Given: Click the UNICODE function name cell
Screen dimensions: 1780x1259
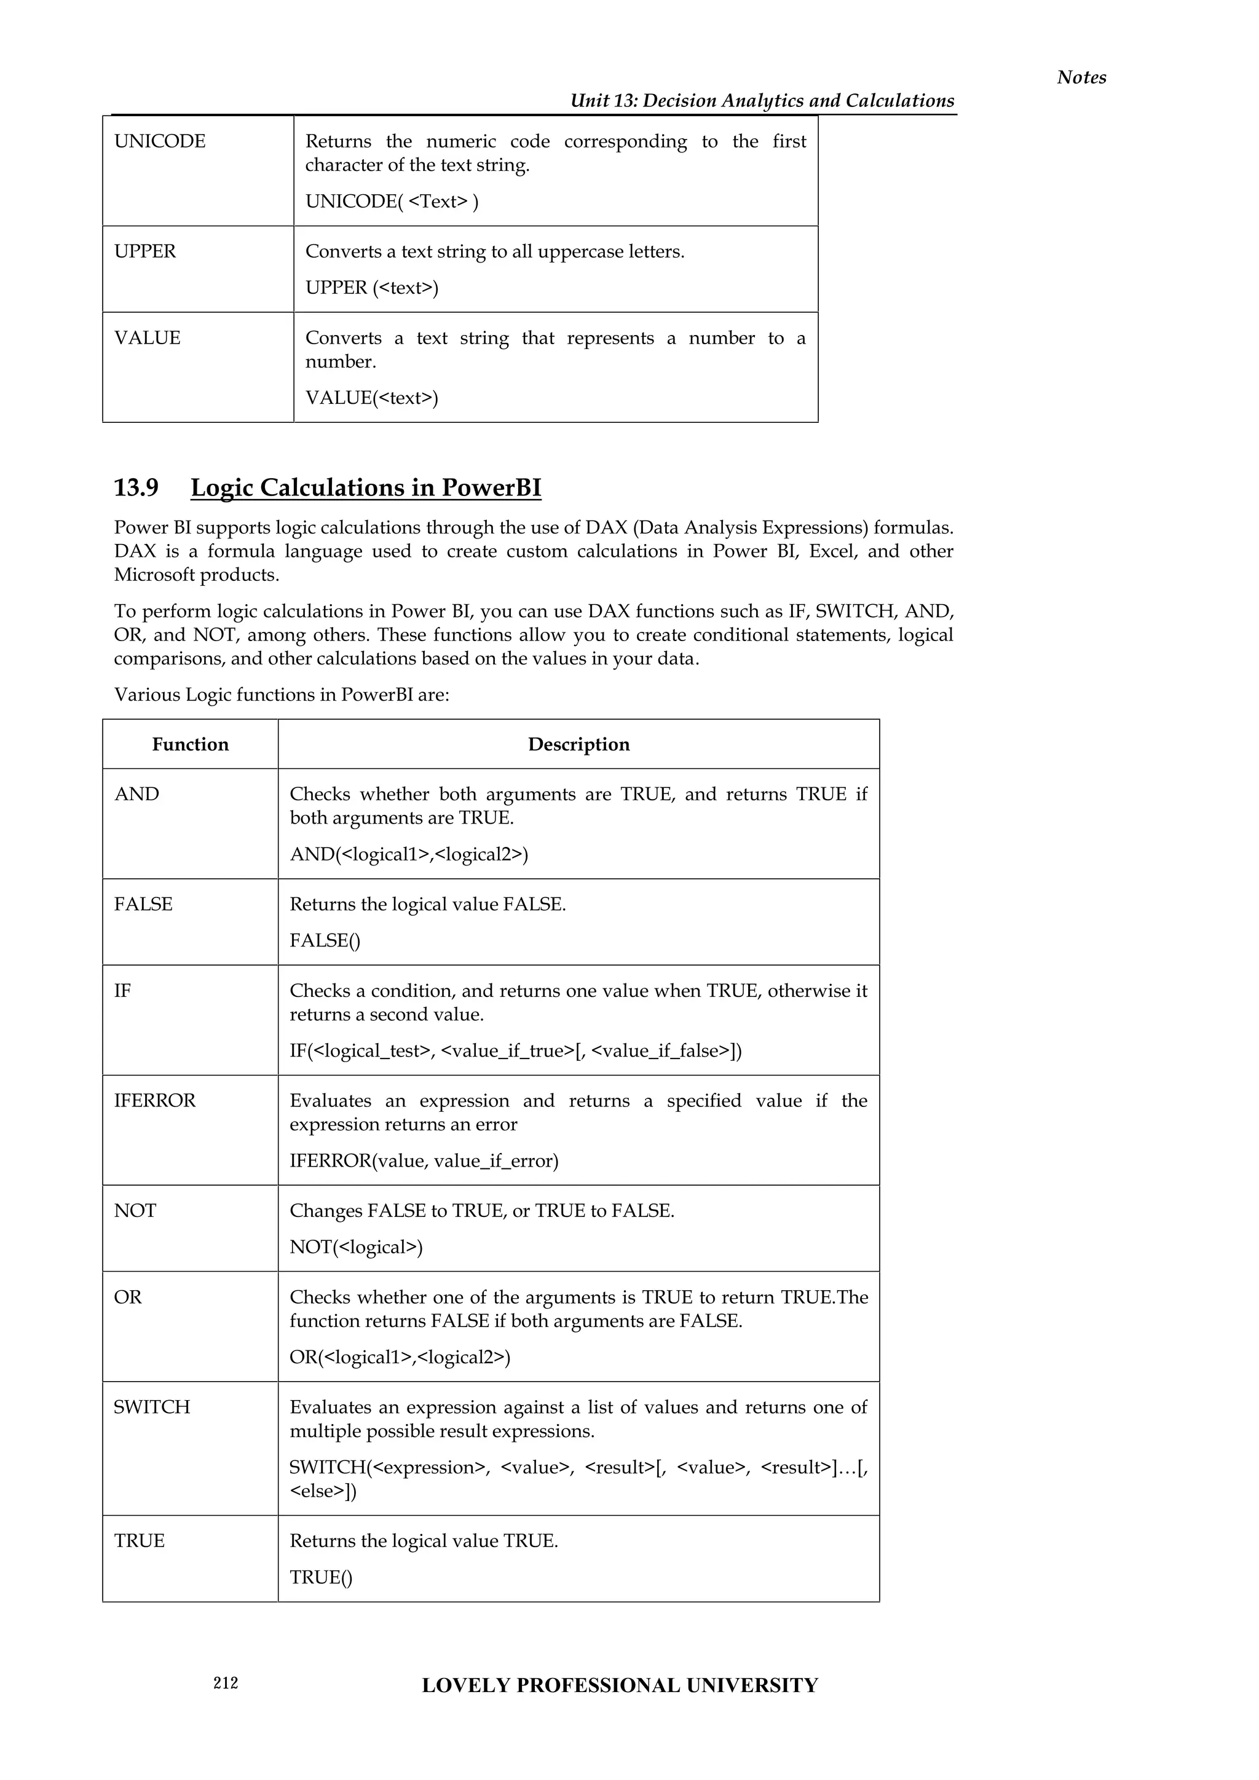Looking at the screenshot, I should [x=160, y=141].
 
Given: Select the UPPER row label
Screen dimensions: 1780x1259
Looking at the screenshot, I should [x=145, y=251].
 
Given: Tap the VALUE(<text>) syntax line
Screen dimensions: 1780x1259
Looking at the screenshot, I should [x=371, y=398].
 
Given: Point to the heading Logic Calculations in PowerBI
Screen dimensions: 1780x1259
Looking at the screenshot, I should [x=365, y=487].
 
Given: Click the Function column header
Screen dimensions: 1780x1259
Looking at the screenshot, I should [x=190, y=744].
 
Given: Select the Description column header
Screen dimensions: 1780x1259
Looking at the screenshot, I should [x=578, y=744].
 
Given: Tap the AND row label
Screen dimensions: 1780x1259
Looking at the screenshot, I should [x=136, y=794].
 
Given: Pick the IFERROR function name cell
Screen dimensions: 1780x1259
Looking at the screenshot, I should [x=154, y=1100].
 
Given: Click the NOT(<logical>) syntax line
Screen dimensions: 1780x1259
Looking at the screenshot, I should [x=356, y=1246].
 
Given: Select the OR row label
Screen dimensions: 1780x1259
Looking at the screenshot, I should [x=128, y=1297].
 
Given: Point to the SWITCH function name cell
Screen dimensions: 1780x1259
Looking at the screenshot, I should [x=152, y=1407].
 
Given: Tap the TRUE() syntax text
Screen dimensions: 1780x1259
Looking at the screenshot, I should [x=321, y=1577].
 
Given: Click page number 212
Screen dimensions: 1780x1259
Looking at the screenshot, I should [x=226, y=1682].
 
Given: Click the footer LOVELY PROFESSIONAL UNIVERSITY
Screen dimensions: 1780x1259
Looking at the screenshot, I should [x=620, y=1685].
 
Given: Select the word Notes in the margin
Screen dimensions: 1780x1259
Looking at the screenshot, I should [x=1081, y=77].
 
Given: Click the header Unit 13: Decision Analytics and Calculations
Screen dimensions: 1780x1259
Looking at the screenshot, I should [x=762, y=101].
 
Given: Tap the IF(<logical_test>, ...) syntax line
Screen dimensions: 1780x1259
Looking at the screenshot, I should [x=516, y=1050].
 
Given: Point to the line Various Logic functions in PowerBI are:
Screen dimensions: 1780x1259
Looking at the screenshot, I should [x=282, y=695].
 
